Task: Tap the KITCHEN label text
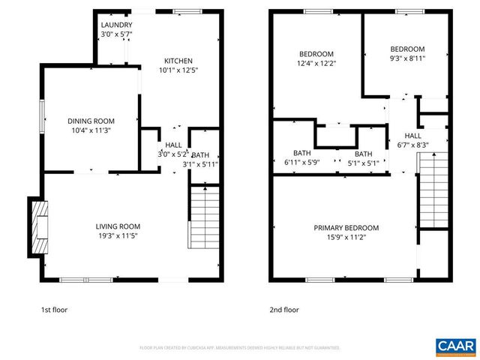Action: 179,61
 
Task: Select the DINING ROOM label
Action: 91,121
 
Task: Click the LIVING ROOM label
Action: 118,226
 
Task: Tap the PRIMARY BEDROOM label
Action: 346,228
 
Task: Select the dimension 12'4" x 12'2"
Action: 317,63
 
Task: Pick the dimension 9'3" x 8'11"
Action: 407,58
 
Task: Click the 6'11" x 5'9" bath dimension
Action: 302,162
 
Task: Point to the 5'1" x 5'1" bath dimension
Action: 363,162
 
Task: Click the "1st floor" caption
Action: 55,309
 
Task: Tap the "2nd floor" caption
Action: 284,309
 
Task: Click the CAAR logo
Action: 454,345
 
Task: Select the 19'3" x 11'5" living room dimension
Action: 118,235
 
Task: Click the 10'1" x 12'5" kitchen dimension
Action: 179,70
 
